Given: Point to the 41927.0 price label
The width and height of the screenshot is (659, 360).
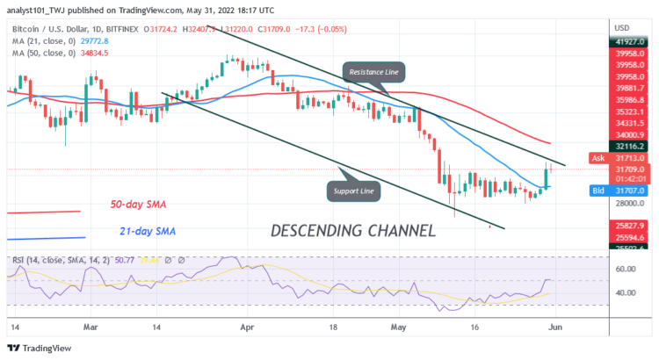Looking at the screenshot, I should coord(632,40).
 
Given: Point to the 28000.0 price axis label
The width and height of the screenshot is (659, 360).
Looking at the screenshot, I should coord(630,204).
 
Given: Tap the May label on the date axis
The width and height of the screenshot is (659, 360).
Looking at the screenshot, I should coord(399,324).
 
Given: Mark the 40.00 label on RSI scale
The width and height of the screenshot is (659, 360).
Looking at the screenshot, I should coord(626,292).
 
